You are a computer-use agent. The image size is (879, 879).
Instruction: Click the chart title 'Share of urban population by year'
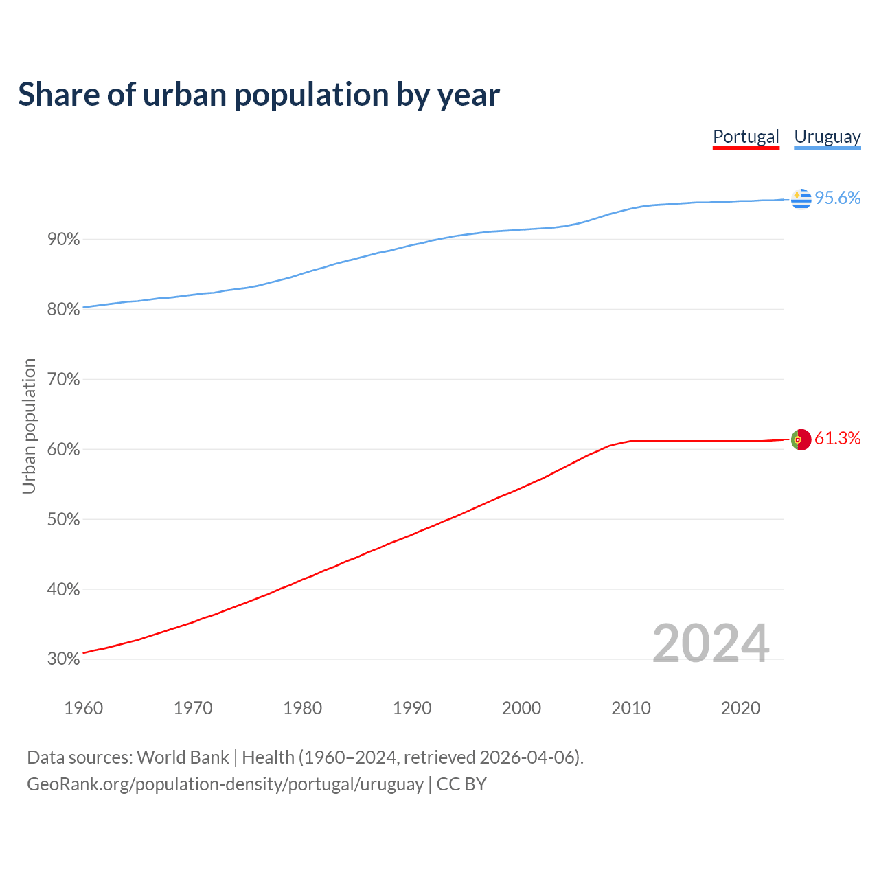(x=259, y=95)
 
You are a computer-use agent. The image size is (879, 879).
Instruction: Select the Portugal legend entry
(x=746, y=137)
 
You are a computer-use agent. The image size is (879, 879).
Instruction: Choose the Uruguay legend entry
(x=827, y=137)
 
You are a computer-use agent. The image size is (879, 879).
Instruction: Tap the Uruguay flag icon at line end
(x=801, y=198)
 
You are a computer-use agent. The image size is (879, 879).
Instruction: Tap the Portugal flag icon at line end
(x=801, y=439)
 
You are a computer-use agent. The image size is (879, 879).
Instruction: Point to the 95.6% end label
(x=837, y=198)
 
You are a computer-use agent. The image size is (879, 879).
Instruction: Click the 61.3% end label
(x=837, y=439)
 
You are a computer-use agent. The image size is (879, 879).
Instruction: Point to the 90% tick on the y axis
(x=63, y=240)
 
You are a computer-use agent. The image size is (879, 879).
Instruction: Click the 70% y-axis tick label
(x=63, y=380)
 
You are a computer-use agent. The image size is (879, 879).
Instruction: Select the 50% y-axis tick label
(x=63, y=520)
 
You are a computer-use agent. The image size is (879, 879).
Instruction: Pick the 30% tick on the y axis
(x=63, y=659)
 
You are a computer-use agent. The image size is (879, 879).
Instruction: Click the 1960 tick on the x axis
(x=83, y=708)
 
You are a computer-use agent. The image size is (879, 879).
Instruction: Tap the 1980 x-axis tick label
(x=302, y=708)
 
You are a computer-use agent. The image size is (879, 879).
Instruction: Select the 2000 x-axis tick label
(x=521, y=708)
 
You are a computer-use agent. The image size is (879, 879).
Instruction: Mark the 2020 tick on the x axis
(x=740, y=708)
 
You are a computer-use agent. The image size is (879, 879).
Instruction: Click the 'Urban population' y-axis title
(x=29, y=426)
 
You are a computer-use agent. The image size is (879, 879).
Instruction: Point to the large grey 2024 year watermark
(x=710, y=643)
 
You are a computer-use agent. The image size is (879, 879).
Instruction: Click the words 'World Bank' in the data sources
(x=183, y=757)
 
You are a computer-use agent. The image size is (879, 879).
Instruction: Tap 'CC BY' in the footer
(x=461, y=784)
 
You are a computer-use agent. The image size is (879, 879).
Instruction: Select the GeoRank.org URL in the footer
(x=225, y=784)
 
